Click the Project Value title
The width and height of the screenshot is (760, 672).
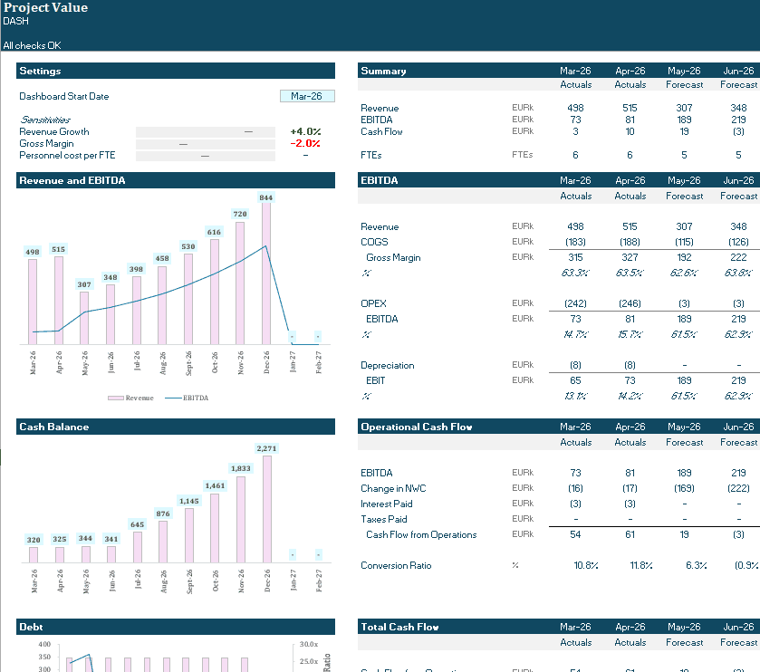click(45, 8)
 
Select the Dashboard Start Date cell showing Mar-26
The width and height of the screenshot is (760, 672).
click(307, 96)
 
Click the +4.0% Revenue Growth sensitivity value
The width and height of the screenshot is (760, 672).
click(305, 132)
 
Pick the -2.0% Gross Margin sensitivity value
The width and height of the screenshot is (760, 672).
click(305, 144)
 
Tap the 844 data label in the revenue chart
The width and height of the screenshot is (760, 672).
click(265, 197)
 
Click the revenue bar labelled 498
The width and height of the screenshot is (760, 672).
click(33, 301)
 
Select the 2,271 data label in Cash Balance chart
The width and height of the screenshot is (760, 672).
click(266, 448)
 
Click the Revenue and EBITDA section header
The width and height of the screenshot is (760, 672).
click(72, 181)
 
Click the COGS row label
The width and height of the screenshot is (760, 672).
click(374, 242)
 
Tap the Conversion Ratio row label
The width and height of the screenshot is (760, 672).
click(396, 566)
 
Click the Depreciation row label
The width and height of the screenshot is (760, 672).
click(388, 366)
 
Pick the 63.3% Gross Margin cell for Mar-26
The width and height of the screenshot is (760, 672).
click(576, 273)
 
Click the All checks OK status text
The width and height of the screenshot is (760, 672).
click(33, 45)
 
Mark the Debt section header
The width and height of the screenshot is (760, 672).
click(33, 627)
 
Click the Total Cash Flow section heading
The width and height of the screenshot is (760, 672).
click(399, 627)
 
